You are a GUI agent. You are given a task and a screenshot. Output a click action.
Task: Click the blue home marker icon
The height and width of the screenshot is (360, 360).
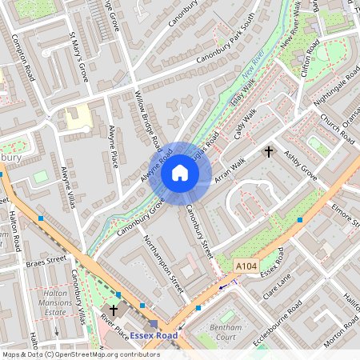(180, 173)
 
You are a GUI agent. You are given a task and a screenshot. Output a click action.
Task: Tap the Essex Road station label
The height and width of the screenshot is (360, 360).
(154, 335)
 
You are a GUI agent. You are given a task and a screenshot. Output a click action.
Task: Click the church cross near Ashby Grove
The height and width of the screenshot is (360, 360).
(269, 151)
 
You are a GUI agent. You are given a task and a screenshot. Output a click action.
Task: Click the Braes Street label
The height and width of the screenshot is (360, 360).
(46, 261)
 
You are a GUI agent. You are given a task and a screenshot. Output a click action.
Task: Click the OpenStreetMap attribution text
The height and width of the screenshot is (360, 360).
(70, 354)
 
